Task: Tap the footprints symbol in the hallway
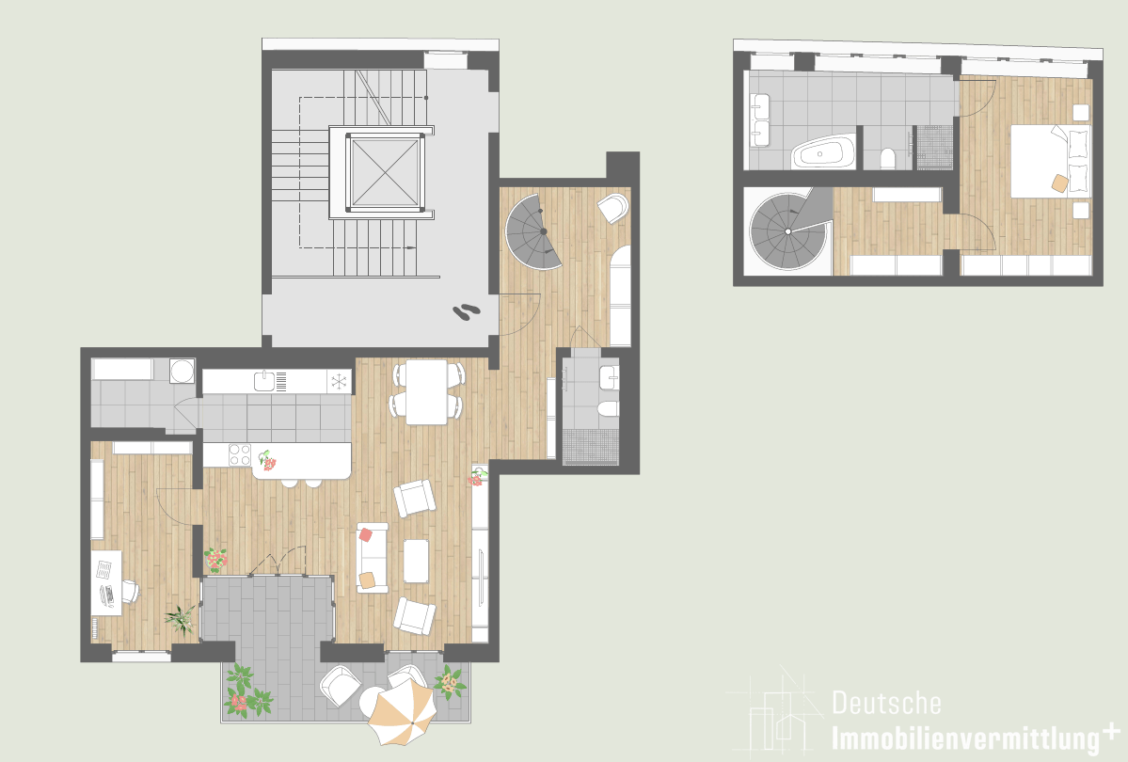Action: pos(467,310)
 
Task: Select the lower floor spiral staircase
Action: pos(533,231)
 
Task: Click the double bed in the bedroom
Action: pos(1050,161)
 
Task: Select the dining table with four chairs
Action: pos(427,391)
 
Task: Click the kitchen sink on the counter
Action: pos(264,381)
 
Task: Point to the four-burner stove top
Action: pos(240,454)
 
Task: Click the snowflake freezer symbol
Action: pos(338,381)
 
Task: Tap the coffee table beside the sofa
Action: pos(416,561)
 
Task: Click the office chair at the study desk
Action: pos(130,592)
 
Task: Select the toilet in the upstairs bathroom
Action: pos(888,158)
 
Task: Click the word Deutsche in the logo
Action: pos(886,703)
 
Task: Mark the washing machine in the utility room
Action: pos(182,371)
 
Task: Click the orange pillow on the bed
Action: pos(1059,183)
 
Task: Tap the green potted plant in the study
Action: pos(180,619)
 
